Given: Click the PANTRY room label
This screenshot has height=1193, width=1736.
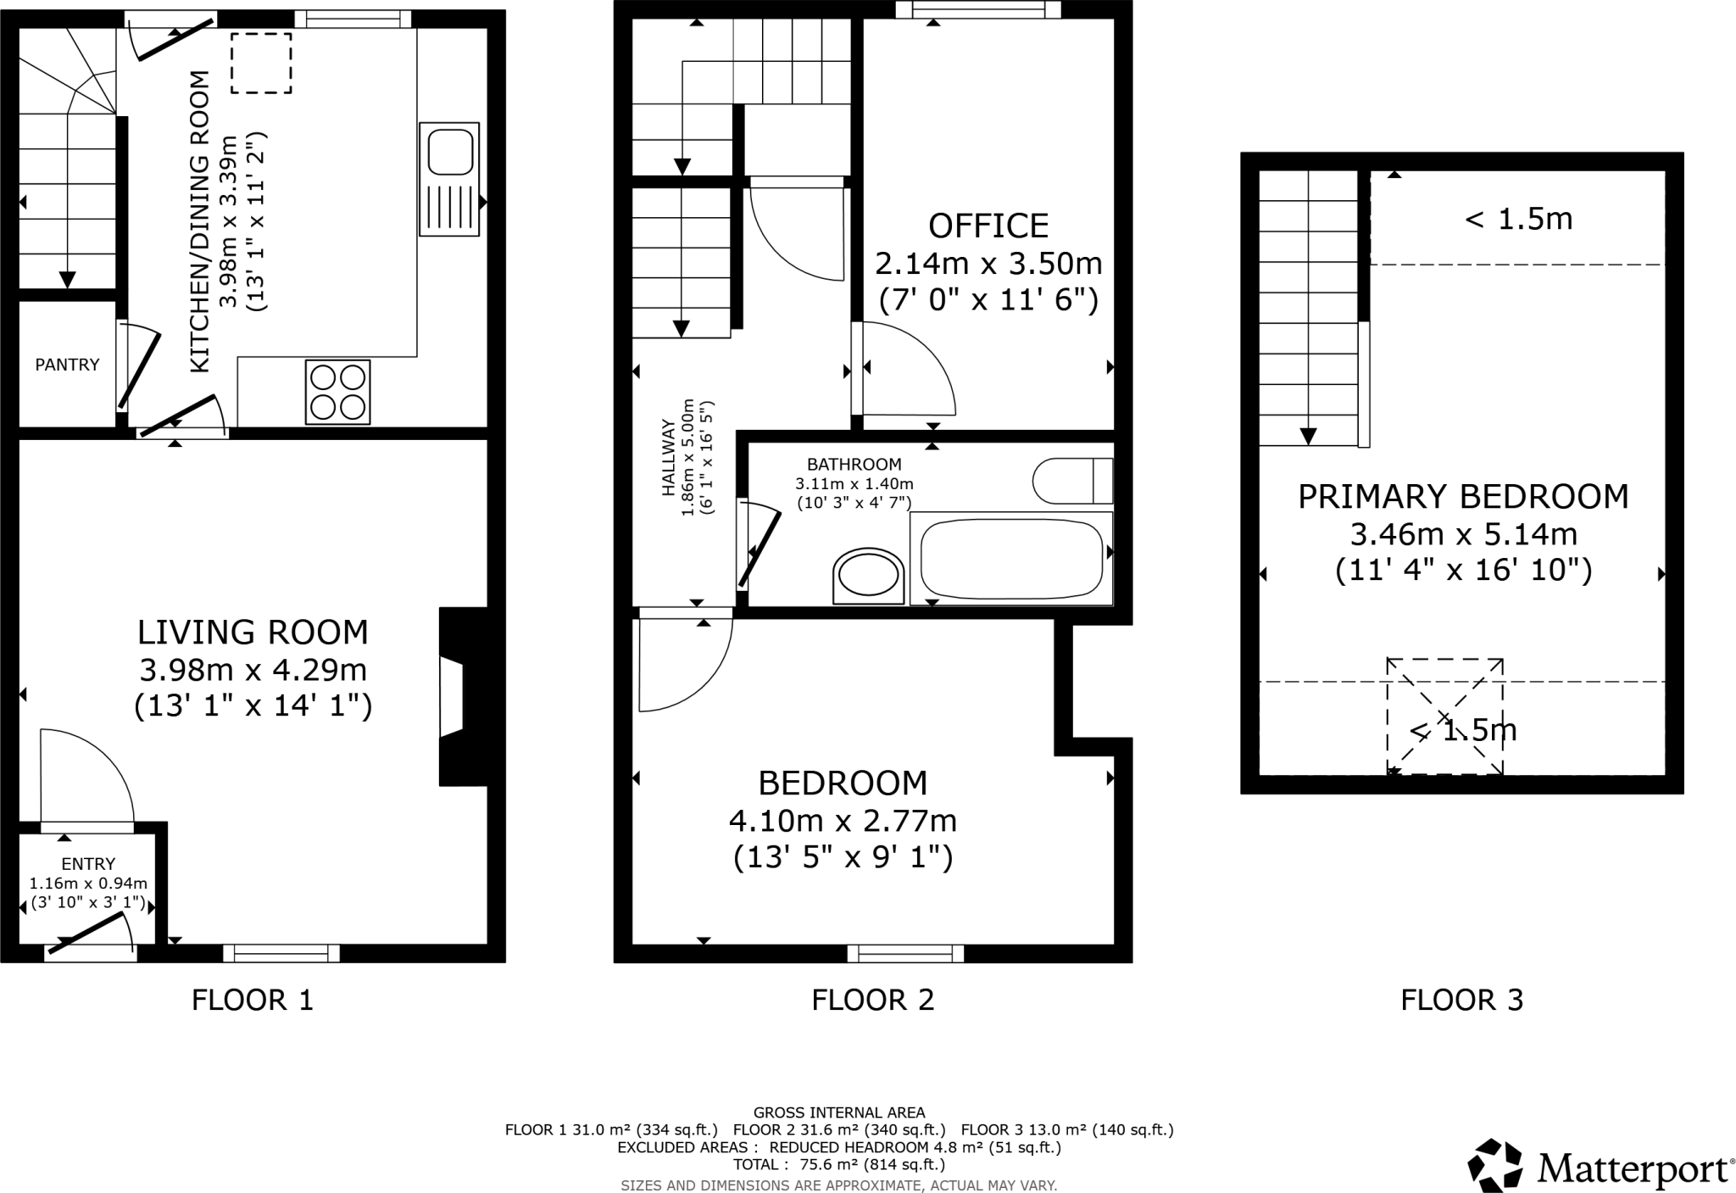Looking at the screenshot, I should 67,365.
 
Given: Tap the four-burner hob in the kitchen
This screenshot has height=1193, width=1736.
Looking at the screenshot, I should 338,393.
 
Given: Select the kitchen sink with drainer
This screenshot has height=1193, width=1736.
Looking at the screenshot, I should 449,179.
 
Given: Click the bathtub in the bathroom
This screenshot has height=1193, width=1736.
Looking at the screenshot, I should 1010,559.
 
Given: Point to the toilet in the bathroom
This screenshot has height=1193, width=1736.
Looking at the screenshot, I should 1073,481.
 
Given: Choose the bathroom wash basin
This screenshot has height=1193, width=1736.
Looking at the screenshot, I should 868,577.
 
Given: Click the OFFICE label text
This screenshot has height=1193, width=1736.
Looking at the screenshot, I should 988,226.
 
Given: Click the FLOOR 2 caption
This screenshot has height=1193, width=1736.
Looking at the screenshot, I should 872,1001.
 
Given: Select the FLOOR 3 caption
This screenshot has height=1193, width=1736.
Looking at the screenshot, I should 1461,1001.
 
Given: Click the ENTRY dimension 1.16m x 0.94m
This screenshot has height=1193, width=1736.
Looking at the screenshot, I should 88,884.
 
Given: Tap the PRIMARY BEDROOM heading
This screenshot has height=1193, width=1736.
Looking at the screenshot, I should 1463,496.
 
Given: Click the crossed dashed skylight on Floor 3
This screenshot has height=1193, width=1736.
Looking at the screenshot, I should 1444,716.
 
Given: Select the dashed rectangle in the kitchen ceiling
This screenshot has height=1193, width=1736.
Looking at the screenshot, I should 261,64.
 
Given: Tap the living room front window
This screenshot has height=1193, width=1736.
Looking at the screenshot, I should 281,954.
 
